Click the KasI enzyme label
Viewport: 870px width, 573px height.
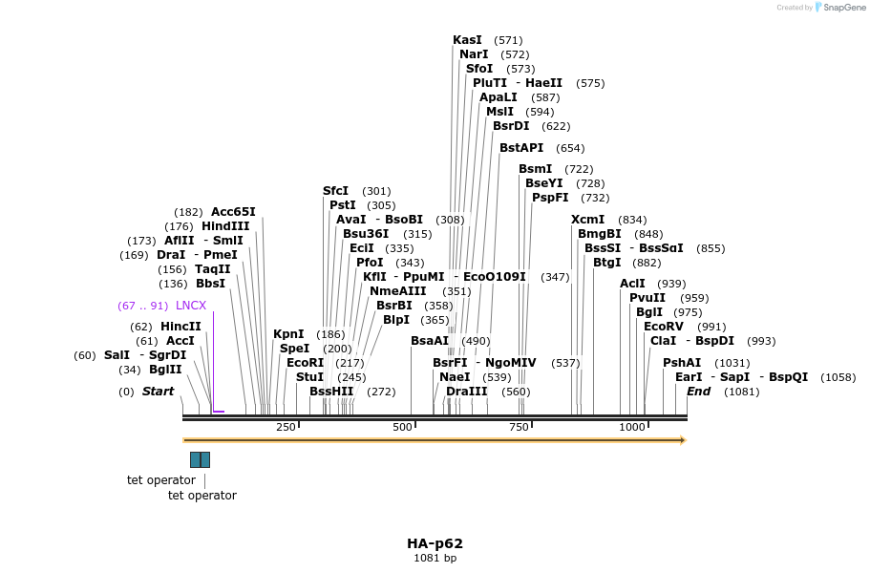[467, 40]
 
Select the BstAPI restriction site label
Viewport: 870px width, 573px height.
[521, 148]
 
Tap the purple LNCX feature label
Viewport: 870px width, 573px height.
[191, 306]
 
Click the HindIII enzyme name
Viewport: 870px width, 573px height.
[225, 226]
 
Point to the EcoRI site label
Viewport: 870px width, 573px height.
[306, 363]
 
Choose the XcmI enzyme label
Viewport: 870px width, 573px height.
[587, 220]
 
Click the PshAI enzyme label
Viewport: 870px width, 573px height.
[682, 363]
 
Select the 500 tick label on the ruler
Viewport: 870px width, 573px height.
[402, 427]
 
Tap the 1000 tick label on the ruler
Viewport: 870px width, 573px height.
[632, 427]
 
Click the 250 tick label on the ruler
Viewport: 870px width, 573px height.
[286, 427]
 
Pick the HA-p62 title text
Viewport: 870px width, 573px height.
[435, 543]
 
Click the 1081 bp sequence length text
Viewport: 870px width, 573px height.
[435, 559]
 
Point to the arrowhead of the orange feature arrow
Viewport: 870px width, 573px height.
[682, 440]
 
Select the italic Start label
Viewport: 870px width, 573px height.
[159, 392]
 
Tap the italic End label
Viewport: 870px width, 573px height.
[698, 392]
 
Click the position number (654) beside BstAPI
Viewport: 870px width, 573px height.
[570, 148]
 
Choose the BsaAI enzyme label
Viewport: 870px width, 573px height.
[430, 341]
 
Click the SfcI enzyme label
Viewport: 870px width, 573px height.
[336, 191]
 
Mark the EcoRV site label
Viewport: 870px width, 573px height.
[664, 327]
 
